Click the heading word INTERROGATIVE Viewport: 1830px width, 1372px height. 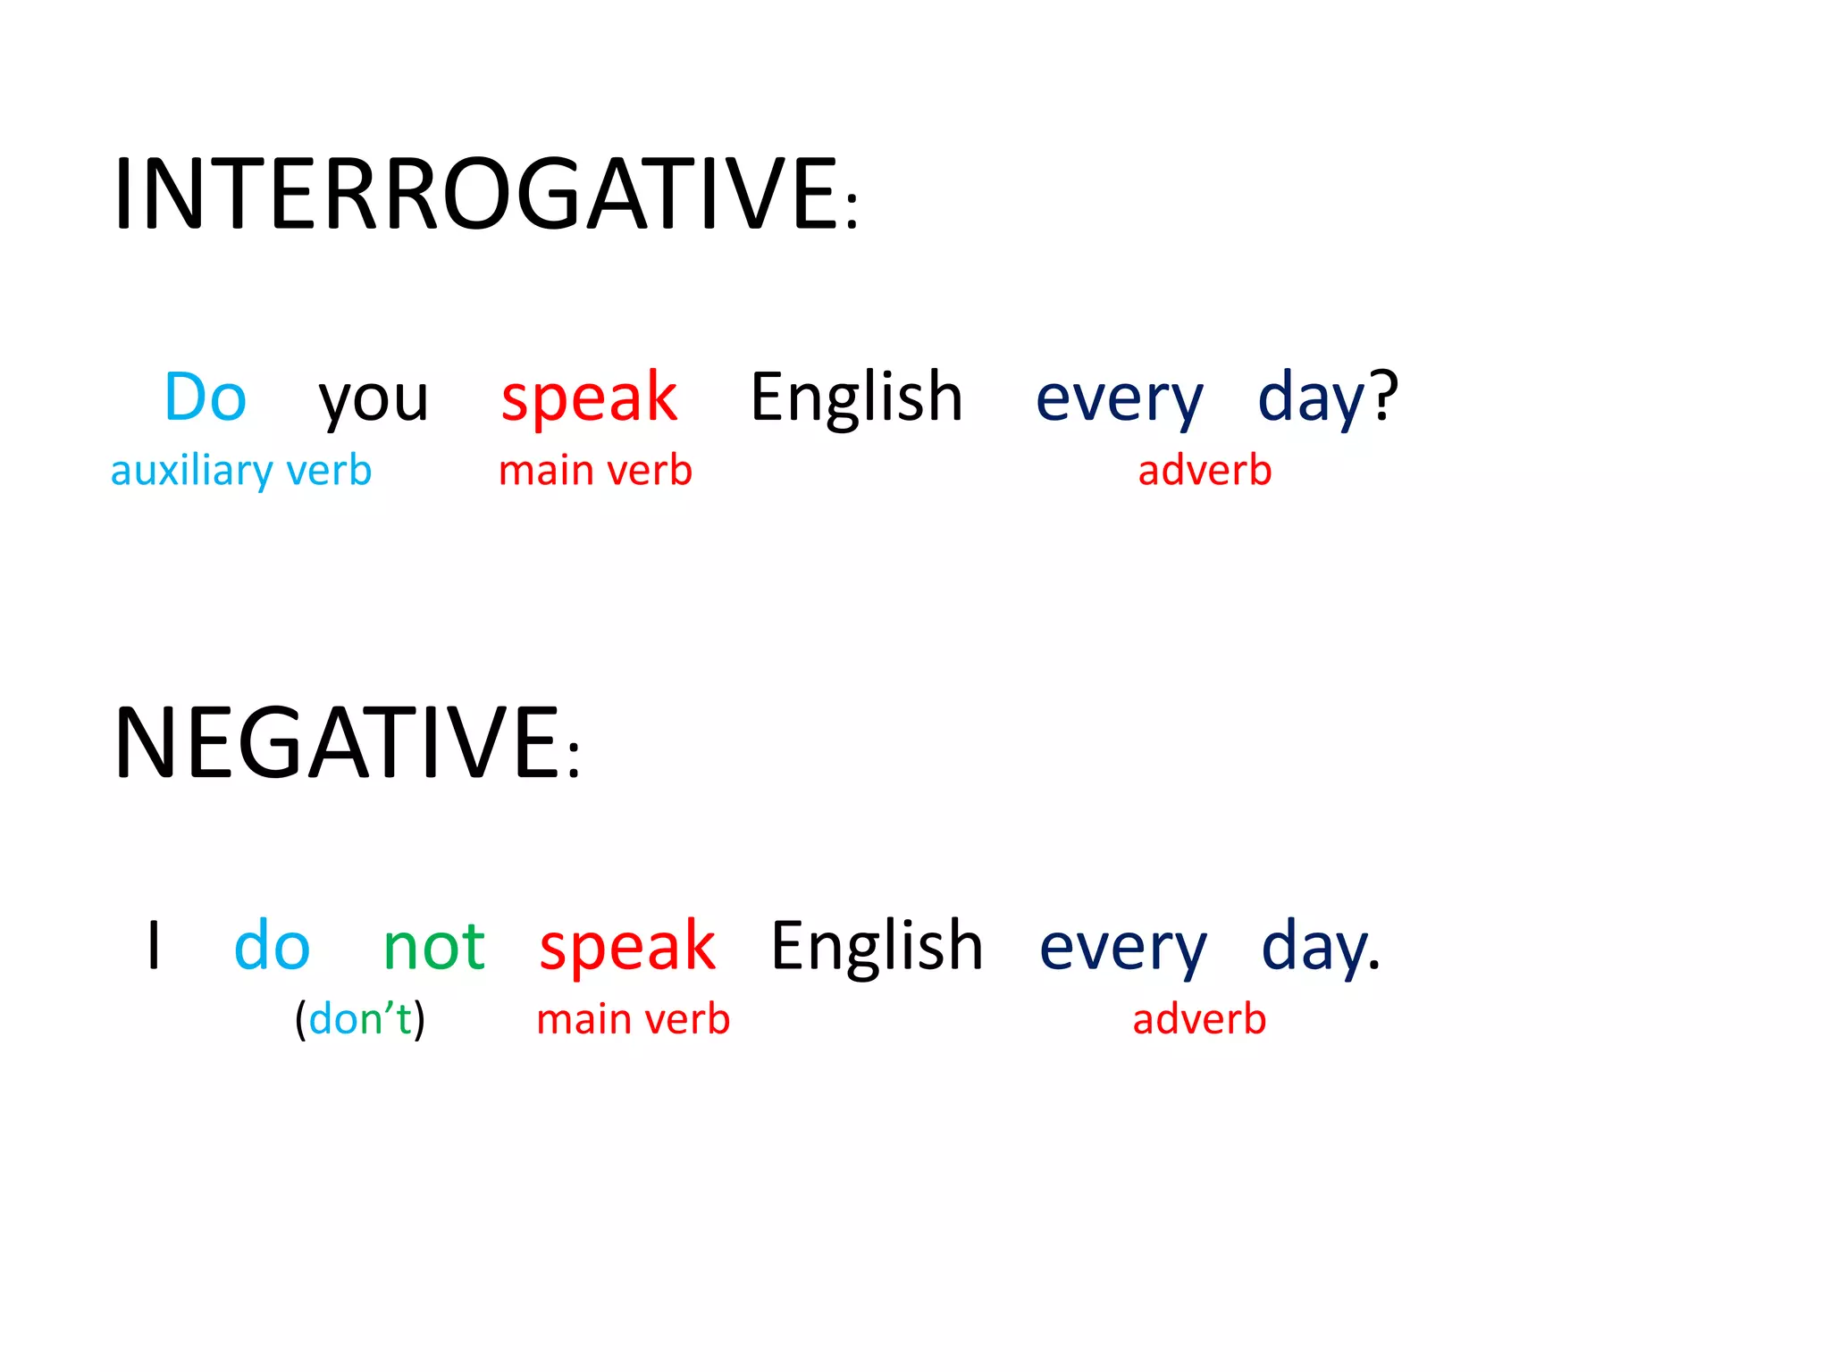(x=475, y=194)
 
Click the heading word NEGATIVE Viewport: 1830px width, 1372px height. (x=337, y=743)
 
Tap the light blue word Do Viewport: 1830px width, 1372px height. (x=206, y=397)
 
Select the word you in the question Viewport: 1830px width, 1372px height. (x=374, y=398)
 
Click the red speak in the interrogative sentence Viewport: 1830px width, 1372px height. (x=589, y=398)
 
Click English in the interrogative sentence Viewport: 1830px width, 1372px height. (x=856, y=397)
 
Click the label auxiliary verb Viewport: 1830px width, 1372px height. (x=240, y=470)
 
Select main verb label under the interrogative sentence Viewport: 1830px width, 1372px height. (x=595, y=470)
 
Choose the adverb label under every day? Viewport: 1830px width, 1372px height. (x=1205, y=470)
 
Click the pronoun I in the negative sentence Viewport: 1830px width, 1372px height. (x=154, y=945)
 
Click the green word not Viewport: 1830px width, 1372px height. (x=433, y=947)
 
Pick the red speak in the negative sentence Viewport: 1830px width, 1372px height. (x=626, y=947)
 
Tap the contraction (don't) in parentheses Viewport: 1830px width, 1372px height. (x=360, y=1018)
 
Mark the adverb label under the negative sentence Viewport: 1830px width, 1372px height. (x=1199, y=1018)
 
